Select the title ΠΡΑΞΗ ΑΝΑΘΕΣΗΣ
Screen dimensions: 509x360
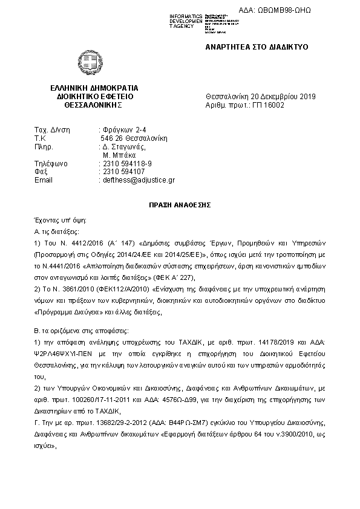pyautogui.click(x=180, y=205)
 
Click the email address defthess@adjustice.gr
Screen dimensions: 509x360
pyautogui.click(x=139, y=180)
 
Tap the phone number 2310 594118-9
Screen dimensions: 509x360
pyautogui.click(x=126, y=163)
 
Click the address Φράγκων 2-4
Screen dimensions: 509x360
pyautogui.click(x=123, y=130)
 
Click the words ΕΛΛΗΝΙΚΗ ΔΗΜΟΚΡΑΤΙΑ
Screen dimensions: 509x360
pyautogui.click(x=94, y=88)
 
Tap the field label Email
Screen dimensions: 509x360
pyautogui.click(x=44, y=180)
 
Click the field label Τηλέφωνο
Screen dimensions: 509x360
pyautogui.click(x=51, y=163)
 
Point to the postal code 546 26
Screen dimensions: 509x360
pyautogui.click(x=112, y=138)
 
